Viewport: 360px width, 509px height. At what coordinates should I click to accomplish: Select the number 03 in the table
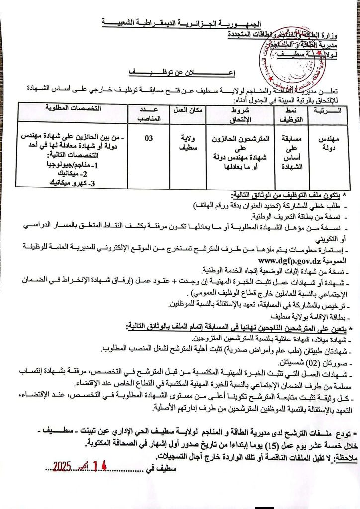(149, 139)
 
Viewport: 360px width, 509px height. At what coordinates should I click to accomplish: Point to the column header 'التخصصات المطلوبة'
(74, 108)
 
